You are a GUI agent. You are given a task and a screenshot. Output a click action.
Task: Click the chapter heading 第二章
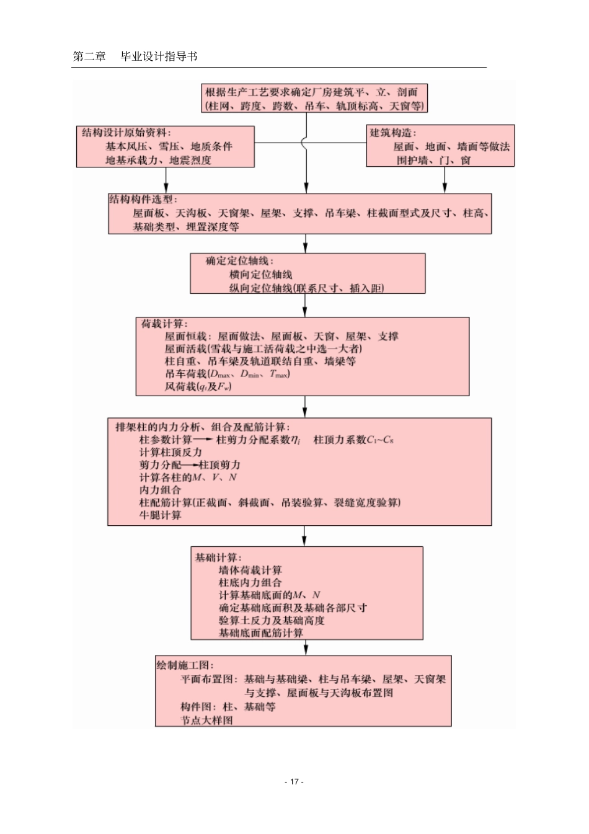(89, 56)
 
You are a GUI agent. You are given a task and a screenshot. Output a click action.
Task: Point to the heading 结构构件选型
(141, 199)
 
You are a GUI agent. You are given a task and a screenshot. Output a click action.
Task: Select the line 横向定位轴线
(260, 275)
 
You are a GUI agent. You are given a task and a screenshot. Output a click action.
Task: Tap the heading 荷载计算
(162, 324)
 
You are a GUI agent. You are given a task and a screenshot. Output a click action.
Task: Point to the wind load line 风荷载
(198, 386)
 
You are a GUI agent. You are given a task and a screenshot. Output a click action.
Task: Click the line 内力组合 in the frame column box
(161, 490)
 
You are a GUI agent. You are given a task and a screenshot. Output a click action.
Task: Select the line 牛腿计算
(161, 515)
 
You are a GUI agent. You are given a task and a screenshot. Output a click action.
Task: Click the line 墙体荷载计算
(250, 570)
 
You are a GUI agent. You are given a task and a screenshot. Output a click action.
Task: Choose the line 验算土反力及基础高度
(272, 620)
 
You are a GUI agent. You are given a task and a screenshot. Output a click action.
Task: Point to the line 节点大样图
(206, 720)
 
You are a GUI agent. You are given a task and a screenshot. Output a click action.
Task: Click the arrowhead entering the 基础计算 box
(304, 541)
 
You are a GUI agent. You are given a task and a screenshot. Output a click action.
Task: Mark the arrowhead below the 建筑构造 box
(445, 188)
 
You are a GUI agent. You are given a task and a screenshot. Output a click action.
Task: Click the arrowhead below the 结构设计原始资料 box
(166, 188)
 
